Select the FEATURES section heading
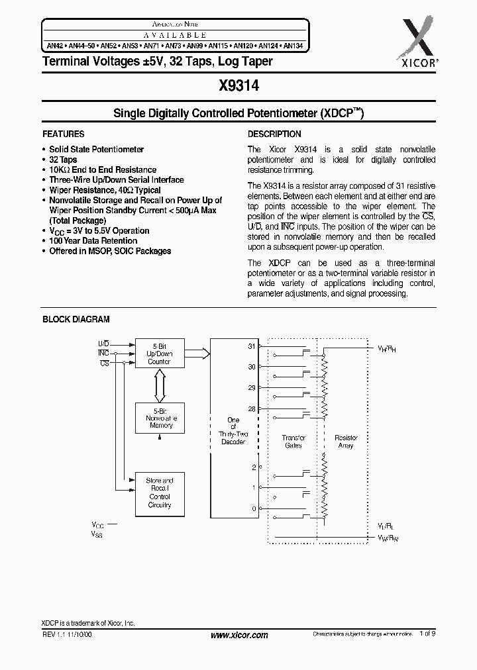(x=64, y=134)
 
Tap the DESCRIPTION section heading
(x=274, y=134)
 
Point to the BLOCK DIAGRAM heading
(x=76, y=319)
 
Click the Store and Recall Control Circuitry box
(x=159, y=493)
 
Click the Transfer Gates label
(x=293, y=441)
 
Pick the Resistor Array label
(x=346, y=441)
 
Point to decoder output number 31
(x=251, y=346)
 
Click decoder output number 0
(x=254, y=508)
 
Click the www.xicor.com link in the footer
(x=238, y=635)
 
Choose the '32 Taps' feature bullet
(x=63, y=160)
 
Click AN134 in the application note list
(x=293, y=46)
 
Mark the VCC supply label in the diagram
(x=98, y=524)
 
